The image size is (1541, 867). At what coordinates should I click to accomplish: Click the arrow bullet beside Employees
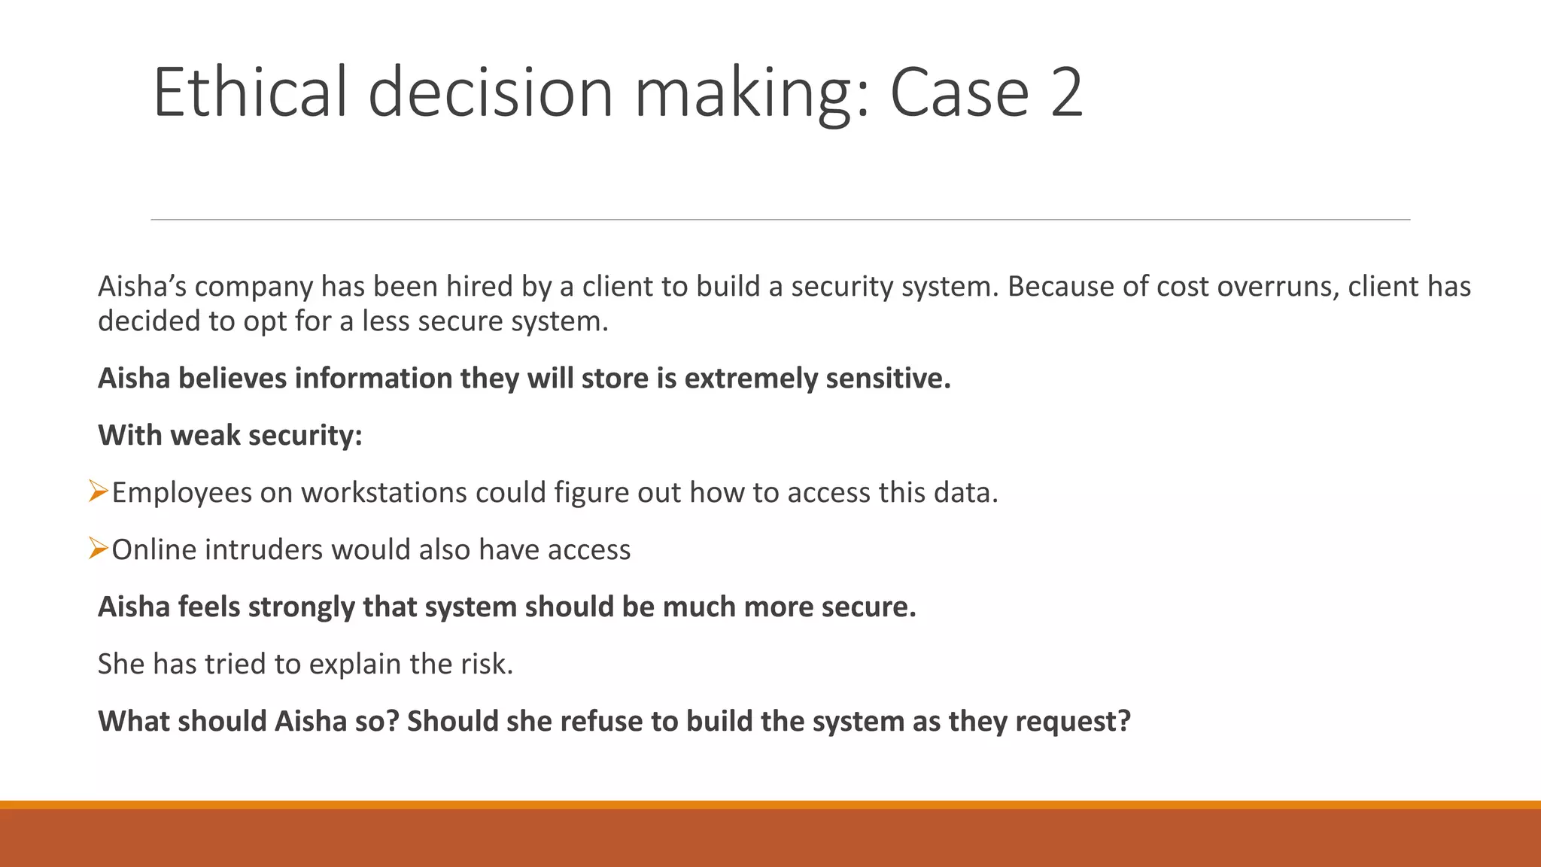[99, 491]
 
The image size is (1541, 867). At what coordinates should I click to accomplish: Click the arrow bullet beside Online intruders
[99, 549]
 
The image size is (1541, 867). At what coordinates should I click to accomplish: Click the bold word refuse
[602, 722]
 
